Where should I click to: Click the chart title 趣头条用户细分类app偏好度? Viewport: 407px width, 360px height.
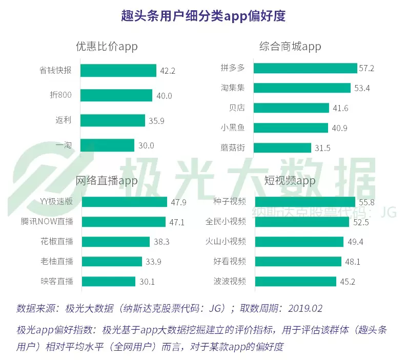coord(203,16)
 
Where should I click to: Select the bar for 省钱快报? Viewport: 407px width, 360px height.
coord(118,71)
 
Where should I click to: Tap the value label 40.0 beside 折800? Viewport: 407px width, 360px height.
coord(164,96)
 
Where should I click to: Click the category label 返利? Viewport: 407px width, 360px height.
coord(64,120)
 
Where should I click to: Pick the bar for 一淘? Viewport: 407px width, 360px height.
coord(108,145)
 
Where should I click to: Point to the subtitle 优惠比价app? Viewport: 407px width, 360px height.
coord(107,47)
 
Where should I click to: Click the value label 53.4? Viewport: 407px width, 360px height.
coord(362,88)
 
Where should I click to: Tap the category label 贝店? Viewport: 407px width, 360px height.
coord(237,108)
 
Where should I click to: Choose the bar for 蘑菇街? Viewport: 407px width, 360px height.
coord(282,148)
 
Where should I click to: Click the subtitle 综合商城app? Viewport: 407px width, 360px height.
coord(290,47)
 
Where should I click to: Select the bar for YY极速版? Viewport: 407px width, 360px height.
coord(124,202)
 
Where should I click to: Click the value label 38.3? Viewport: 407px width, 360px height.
coord(161,242)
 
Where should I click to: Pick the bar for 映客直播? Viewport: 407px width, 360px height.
coord(108,281)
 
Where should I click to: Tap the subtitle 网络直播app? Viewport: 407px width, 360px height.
coord(107,181)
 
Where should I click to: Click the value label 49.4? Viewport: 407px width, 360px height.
coord(355,242)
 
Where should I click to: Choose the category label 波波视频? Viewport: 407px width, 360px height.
coord(230,281)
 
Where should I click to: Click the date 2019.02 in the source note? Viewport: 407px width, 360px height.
coord(306,309)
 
